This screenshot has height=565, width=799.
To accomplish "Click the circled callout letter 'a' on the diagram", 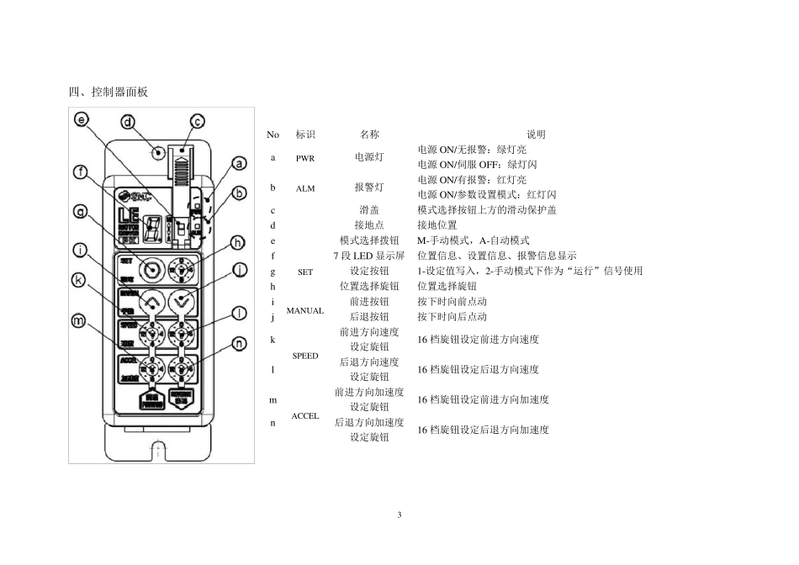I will coord(239,163).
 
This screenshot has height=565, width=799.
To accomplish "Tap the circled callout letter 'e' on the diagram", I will coord(82,119).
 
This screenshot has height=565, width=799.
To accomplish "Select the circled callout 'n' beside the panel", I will coord(239,343).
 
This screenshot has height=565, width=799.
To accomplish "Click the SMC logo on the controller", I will coord(134,192).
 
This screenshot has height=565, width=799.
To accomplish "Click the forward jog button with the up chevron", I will coord(152,301).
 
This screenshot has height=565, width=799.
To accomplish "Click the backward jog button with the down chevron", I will coord(179,301).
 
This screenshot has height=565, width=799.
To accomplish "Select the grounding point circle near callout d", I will coord(156,153).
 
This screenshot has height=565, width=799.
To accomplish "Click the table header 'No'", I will coord(273,135).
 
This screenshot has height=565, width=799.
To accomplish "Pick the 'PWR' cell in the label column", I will coord(305,158).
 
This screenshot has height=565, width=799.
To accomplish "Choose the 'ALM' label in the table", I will coord(305,188).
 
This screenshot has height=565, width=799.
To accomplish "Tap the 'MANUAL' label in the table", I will coord(305,310).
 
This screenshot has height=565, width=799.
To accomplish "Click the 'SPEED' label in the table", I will coord(305,356).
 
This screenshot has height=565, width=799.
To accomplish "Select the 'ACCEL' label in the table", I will coord(305,415).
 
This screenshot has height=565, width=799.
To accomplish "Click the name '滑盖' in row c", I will coord(369,210).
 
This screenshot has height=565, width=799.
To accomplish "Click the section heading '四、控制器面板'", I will coord(108,92).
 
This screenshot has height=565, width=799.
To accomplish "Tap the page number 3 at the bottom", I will coord(399,514).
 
